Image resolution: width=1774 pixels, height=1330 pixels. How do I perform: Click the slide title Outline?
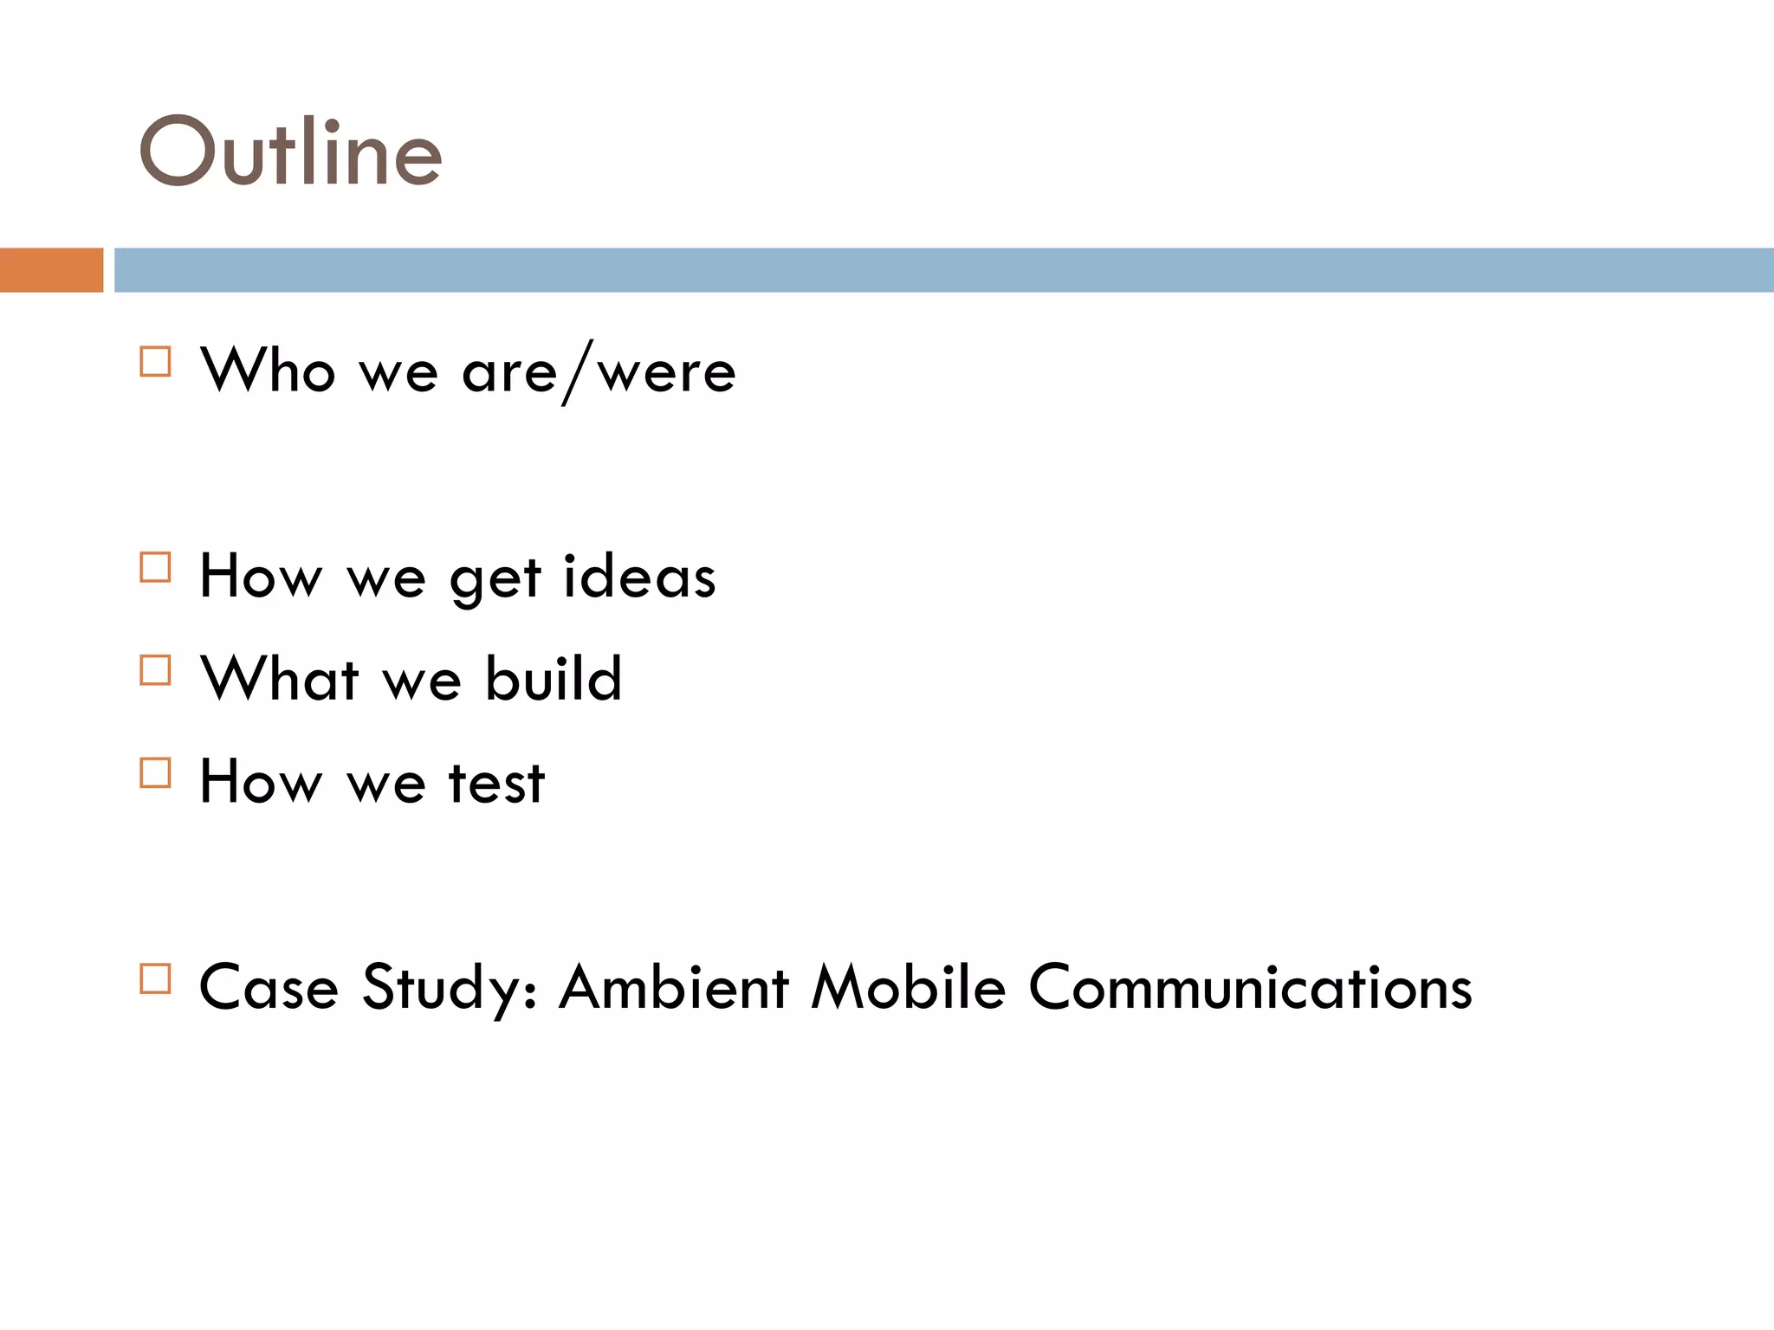(x=291, y=152)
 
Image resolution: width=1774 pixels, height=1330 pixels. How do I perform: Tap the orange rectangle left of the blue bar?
(x=51, y=270)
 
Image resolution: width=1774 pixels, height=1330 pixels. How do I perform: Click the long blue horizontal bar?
(x=942, y=270)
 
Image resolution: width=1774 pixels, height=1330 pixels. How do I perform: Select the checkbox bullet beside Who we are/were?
(x=155, y=361)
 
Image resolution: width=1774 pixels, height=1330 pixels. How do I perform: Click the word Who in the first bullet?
(x=268, y=371)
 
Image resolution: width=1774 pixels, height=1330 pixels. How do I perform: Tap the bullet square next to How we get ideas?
(x=155, y=567)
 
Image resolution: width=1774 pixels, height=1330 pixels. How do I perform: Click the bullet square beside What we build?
(x=155, y=670)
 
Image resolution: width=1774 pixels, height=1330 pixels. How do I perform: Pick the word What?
(x=279, y=679)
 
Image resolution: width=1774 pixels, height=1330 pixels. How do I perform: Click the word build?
(x=553, y=679)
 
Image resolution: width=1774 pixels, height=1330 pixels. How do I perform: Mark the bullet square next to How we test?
(x=155, y=772)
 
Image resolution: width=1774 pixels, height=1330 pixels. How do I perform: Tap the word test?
(x=496, y=783)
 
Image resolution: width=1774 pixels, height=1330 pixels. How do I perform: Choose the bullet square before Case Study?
(x=155, y=978)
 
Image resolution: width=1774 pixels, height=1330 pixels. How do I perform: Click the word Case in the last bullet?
(x=269, y=988)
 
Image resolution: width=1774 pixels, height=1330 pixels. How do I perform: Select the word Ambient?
(x=674, y=988)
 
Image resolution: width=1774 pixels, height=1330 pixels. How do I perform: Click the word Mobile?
(x=908, y=988)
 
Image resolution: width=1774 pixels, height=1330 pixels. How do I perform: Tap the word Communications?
(x=1250, y=988)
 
